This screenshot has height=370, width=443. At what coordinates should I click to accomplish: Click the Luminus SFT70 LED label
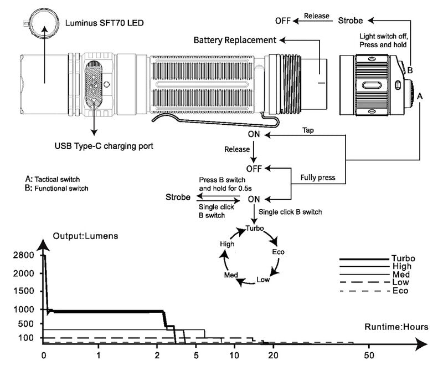tap(104, 23)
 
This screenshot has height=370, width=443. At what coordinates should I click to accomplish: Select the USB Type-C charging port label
tap(104, 146)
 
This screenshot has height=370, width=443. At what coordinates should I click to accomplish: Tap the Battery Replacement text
tap(234, 40)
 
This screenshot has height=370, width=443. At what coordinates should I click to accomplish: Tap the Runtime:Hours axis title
tap(396, 327)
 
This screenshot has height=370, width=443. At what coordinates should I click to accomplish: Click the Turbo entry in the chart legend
tap(403, 259)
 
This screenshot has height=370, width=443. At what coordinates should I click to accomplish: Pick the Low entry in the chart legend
tap(400, 283)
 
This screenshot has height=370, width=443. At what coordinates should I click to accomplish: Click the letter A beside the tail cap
tap(420, 95)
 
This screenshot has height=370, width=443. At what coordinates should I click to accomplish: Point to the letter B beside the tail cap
tap(410, 70)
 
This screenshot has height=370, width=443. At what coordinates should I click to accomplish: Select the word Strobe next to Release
tap(351, 21)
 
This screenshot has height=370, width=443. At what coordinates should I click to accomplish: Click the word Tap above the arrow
tap(309, 130)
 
